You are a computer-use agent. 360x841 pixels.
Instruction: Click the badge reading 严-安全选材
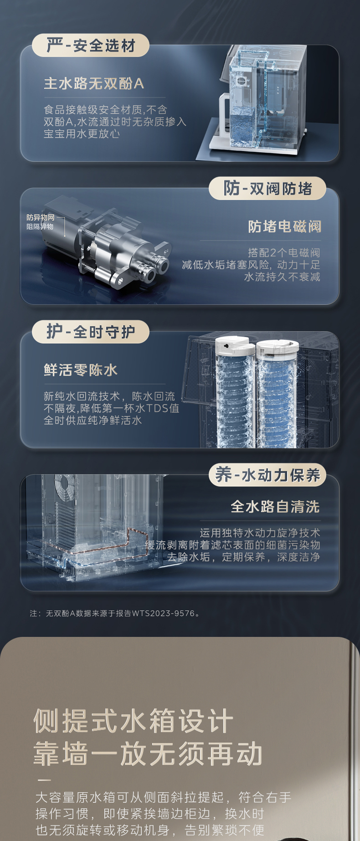(90, 46)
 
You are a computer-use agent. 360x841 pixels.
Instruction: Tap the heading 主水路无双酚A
(94, 83)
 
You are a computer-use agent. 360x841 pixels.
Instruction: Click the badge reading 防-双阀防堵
(267, 188)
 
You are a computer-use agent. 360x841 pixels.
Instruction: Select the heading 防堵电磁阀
(284, 226)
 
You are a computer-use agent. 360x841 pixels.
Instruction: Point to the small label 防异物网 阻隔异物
(40, 222)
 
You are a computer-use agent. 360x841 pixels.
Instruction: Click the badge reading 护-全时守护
(90, 332)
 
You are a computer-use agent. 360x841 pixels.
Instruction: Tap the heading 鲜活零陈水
(81, 369)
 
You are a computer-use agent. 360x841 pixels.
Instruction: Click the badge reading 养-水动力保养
(267, 475)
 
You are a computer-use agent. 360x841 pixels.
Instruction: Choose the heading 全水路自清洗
(275, 506)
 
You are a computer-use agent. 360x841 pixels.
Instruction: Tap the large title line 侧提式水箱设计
(134, 721)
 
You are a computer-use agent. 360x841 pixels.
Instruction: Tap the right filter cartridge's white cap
(278, 349)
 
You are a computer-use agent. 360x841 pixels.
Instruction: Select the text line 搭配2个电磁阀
(283, 252)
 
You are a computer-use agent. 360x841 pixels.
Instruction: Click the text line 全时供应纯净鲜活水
(93, 420)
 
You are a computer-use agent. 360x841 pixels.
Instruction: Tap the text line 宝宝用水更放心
(82, 133)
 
